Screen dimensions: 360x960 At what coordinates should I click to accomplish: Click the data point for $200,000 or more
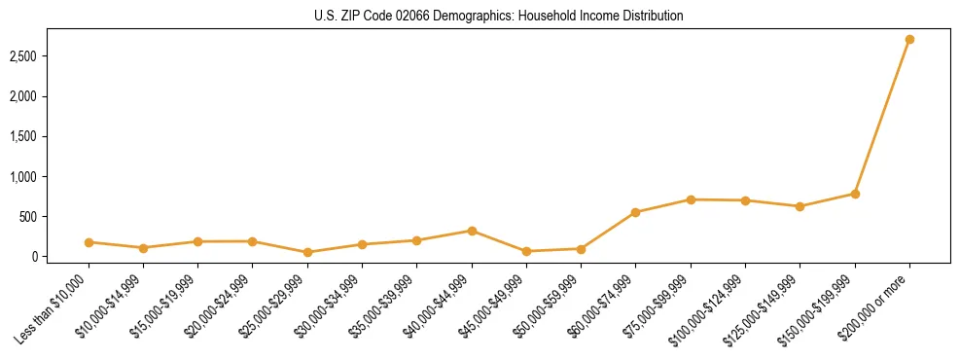(x=909, y=40)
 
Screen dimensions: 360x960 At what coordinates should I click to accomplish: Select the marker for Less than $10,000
(x=89, y=242)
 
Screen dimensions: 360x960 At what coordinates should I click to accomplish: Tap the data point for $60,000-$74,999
(x=635, y=212)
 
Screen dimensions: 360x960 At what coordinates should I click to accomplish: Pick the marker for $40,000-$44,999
(x=472, y=231)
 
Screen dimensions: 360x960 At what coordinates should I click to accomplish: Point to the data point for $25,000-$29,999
(x=307, y=252)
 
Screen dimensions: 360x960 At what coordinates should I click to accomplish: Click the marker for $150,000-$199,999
(x=855, y=194)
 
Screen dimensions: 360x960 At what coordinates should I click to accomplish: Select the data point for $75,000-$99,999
(x=691, y=199)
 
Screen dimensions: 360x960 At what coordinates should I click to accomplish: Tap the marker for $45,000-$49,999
(x=526, y=251)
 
